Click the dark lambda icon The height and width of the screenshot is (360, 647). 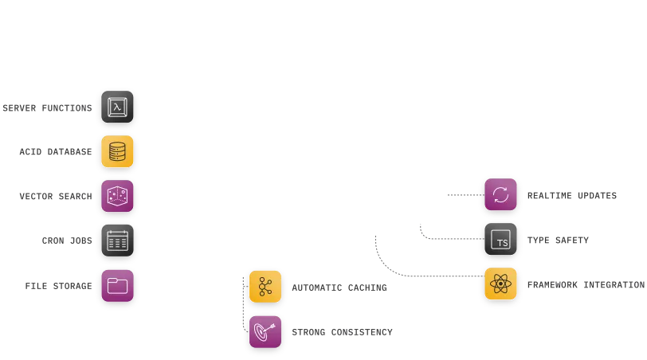coord(117,108)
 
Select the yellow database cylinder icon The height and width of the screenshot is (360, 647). coord(117,152)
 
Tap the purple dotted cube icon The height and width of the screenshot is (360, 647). coord(117,197)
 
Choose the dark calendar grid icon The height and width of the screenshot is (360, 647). coord(117,241)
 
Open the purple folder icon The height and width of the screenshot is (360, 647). coord(117,286)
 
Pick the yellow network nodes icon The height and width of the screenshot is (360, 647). coord(265,287)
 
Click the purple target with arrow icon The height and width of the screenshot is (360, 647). coord(265,331)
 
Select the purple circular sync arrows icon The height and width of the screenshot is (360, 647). coord(500,195)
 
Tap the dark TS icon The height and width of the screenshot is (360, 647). coord(500,241)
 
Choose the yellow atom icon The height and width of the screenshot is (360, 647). coord(500,284)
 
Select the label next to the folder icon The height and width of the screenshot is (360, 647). coord(60,287)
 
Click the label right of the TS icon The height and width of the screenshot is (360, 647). coord(560,241)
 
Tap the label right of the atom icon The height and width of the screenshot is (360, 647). coord(586,285)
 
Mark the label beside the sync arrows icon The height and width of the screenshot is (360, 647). coord(572,197)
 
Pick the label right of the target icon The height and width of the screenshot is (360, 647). coord(343,331)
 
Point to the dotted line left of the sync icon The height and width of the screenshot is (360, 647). coord(462,194)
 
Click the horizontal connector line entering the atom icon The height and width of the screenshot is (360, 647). coord(438,276)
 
